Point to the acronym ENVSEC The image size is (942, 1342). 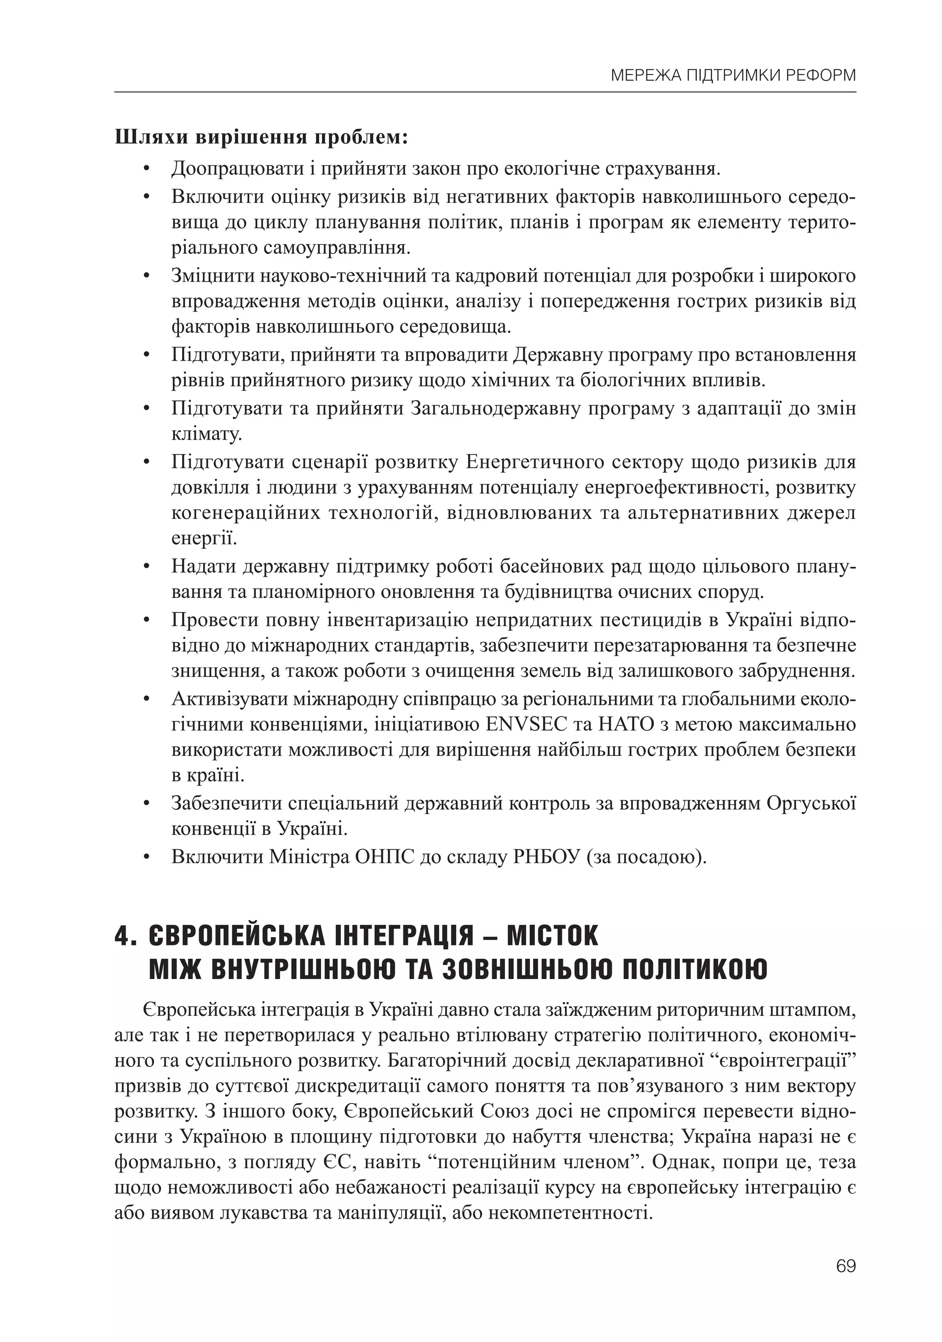pyautogui.click(x=526, y=724)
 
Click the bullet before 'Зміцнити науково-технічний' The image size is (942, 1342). pyautogui.click(x=147, y=276)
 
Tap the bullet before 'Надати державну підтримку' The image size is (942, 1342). pyautogui.click(x=147, y=566)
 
